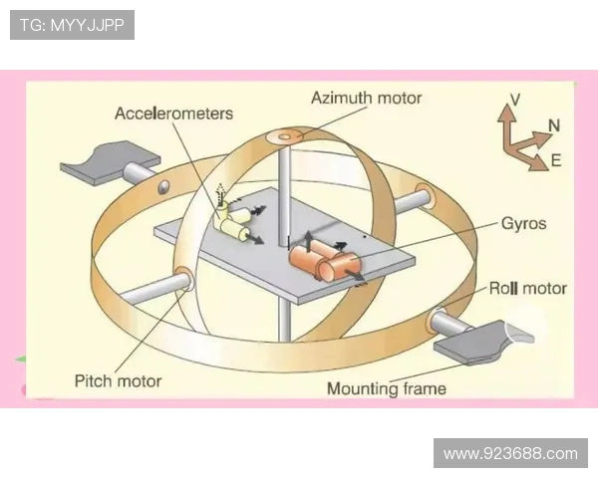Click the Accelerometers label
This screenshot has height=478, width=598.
pos(173,113)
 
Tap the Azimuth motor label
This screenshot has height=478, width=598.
pos(366,98)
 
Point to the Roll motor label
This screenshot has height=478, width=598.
pos(527,289)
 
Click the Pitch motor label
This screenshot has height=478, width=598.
pos(118,380)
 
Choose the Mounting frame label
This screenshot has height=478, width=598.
pos(387,388)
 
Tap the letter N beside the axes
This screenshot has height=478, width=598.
pos(554,126)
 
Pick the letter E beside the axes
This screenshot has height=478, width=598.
pos(556,159)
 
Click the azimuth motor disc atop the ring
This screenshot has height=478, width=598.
pos(290,134)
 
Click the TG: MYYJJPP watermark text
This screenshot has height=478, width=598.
pos(72,25)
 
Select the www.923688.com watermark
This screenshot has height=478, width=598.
pos(510,453)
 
